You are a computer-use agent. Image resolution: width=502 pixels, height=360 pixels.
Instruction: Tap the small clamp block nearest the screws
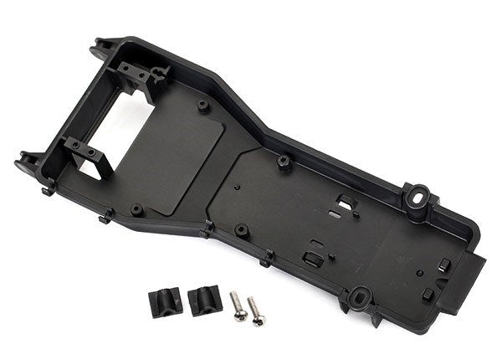[202, 300]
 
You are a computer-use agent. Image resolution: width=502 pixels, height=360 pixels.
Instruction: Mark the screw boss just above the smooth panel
[203, 105]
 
